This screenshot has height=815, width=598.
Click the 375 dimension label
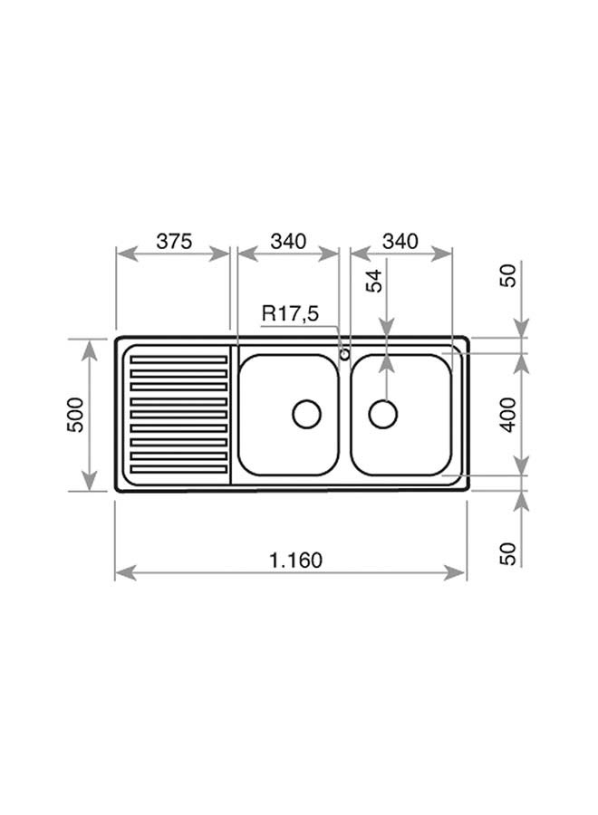point(174,241)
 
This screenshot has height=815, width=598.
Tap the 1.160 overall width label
point(295,561)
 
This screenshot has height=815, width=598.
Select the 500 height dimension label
point(76,415)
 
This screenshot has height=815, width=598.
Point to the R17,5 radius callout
point(290,314)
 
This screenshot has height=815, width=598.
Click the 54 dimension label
point(374,282)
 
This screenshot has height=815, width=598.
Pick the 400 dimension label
point(508,415)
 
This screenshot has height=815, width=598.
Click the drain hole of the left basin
point(306,414)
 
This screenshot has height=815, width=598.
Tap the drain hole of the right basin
point(383,414)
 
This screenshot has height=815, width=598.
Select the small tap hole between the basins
point(344,354)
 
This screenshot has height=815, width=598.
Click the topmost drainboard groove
point(178,360)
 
